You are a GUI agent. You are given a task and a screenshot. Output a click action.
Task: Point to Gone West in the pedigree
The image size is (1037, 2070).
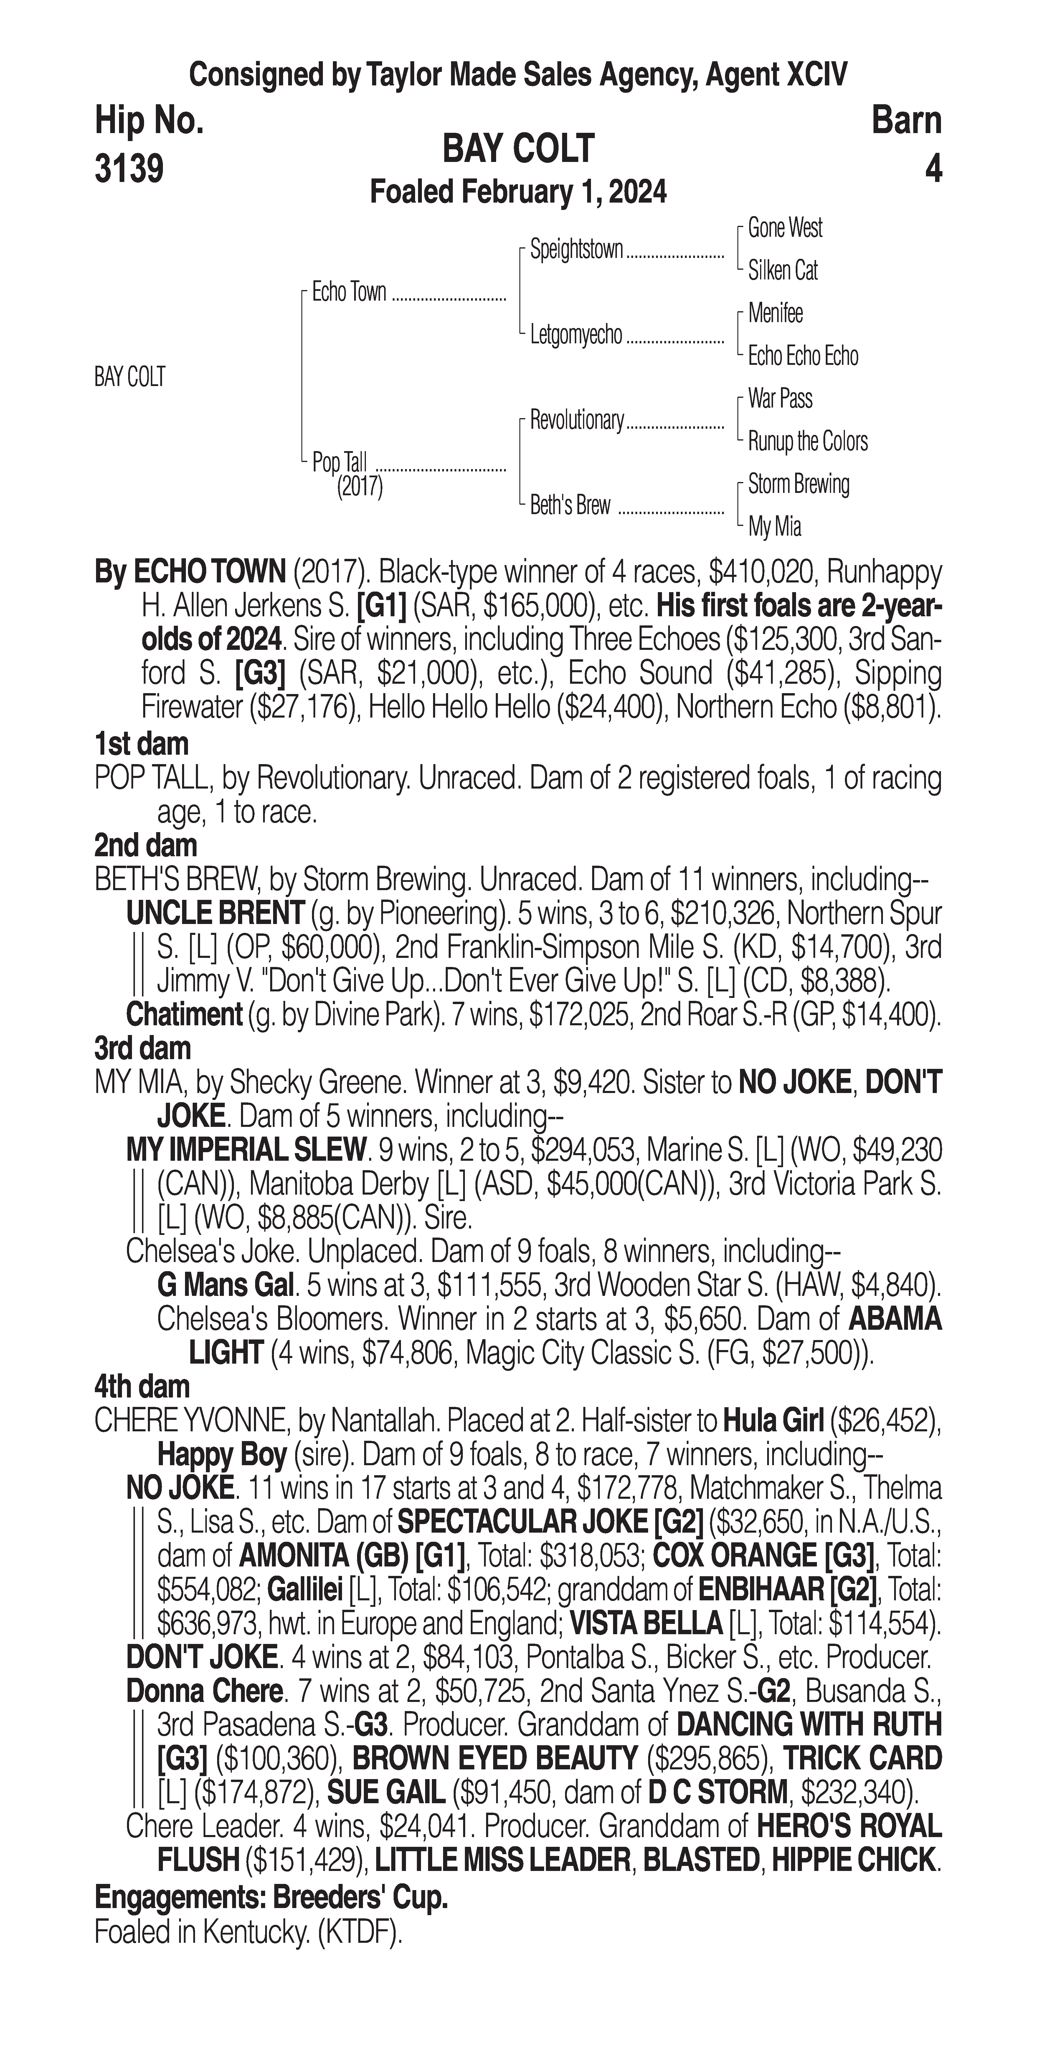[785, 228]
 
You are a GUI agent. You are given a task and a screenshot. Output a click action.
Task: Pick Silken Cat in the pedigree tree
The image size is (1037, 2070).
[782, 271]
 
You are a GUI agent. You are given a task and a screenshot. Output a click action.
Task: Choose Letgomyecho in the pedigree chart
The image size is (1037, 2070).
[576, 335]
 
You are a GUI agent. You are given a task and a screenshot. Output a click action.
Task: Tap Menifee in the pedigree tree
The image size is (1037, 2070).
[775, 313]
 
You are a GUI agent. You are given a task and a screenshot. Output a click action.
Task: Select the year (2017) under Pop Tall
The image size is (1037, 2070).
[359, 487]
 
